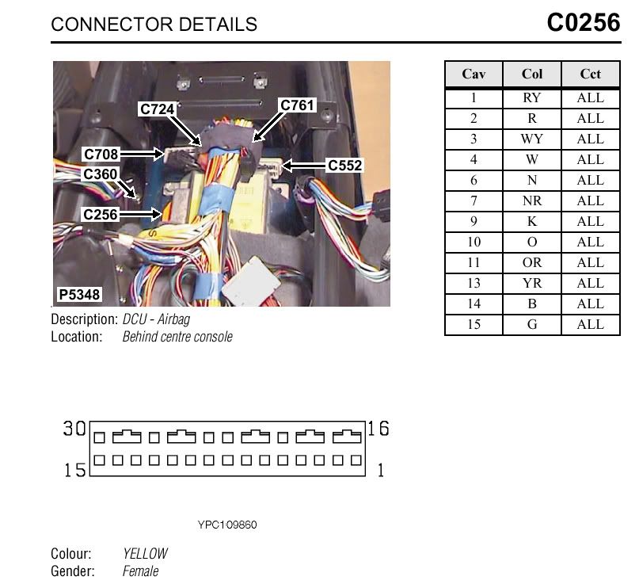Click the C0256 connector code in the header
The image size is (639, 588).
tap(583, 22)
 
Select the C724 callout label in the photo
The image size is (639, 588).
tap(157, 109)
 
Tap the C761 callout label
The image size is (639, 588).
tap(297, 105)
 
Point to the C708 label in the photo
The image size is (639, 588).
tap(101, 155)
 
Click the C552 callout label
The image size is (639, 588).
tap(344, 165)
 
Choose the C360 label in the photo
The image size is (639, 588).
tap(101, 174)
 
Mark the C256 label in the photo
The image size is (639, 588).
tap(101, 214)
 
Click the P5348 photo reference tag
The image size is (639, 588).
tap(79, 295)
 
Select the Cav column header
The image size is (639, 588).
tap(474, 74)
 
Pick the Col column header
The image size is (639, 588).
tap(532, 74)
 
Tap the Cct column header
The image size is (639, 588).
tap(590, 74)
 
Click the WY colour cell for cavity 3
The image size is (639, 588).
tap(532, 139)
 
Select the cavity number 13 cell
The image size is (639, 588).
tap(474, 283)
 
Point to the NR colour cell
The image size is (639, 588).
tap(532, 200)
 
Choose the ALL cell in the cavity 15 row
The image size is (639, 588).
tap(590, 324)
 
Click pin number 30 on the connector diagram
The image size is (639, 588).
tap(74, 428)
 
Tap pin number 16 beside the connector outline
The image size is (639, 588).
tap(378, 428)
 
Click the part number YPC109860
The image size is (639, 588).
tap(227, 525)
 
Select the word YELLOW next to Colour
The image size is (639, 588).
tap(145, 553)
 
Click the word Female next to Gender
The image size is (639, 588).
tap(140, 571)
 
